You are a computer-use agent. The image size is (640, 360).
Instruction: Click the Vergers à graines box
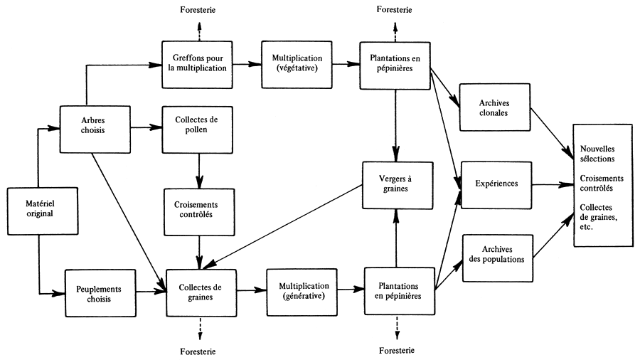click(397, 185)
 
